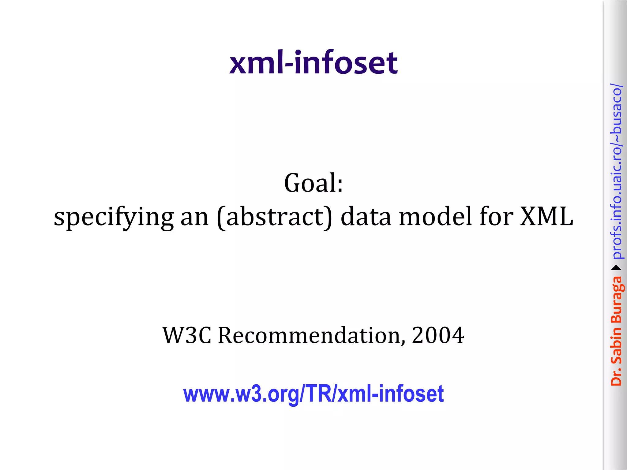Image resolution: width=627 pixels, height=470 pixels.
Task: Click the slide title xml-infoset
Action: (313, 63)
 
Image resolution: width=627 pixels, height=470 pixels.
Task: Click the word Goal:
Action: (313, 183)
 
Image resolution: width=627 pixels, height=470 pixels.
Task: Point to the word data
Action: (366, 217)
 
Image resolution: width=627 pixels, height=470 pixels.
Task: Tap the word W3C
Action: (187, 335)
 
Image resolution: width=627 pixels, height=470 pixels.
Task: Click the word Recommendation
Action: (309, 335)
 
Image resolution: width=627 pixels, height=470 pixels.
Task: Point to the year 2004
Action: (438, 335)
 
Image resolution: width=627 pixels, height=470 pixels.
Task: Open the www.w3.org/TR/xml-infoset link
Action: (313, 394)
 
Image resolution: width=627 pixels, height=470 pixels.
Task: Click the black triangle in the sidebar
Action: (616, 268)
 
